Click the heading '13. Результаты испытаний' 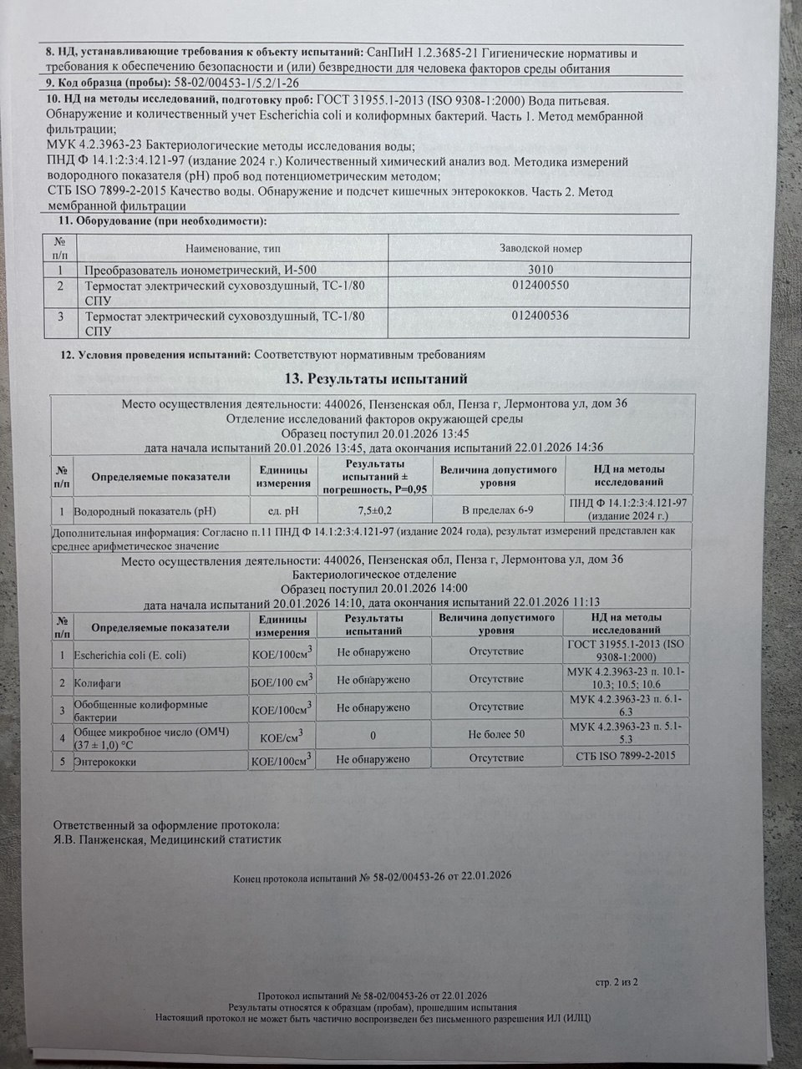(371, 378)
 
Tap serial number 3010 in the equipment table (541, 270)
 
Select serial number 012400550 (541, 286)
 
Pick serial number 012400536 (541, 317)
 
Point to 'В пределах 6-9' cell (498, 509)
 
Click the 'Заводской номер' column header (541, 249)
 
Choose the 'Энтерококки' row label (106, 762)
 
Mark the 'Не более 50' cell (496, 734)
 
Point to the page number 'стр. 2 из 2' (617, 982)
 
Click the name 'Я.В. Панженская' (94, 840)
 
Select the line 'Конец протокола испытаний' (373, 877)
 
